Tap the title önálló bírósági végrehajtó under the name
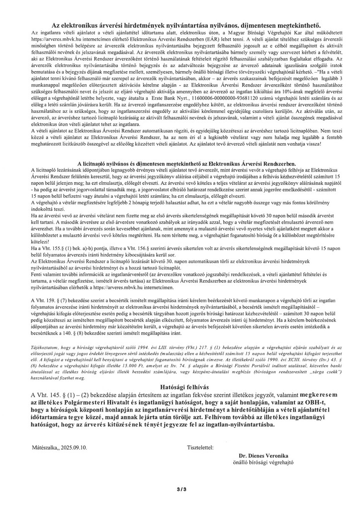[264, 462]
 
